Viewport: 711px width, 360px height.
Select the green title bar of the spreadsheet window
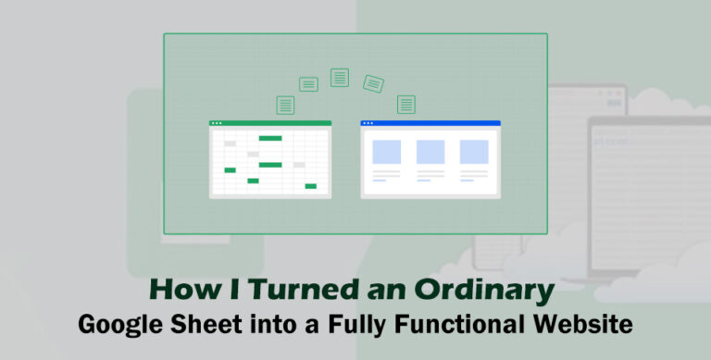[270, 123]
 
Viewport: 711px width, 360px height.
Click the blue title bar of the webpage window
[430, 123]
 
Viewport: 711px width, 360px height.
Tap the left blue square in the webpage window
[386, 152]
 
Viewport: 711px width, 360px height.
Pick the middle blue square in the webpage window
[430, 152]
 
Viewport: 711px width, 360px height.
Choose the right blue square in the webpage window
[474, 152]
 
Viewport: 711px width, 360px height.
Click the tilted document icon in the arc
[373, 83]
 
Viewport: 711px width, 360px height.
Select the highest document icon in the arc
[340, 78]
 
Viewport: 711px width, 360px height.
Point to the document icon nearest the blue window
[405, 104]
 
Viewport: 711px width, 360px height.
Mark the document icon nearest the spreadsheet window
[285, 105]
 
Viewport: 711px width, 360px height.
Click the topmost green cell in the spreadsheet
[270, 138]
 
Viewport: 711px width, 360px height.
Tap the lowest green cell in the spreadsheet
[311, 186]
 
